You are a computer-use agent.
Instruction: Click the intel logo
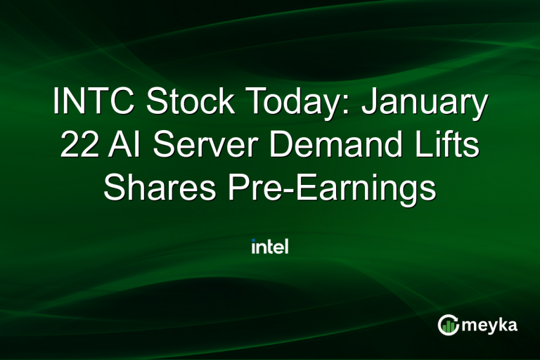270,247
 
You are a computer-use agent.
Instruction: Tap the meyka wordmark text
493,324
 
